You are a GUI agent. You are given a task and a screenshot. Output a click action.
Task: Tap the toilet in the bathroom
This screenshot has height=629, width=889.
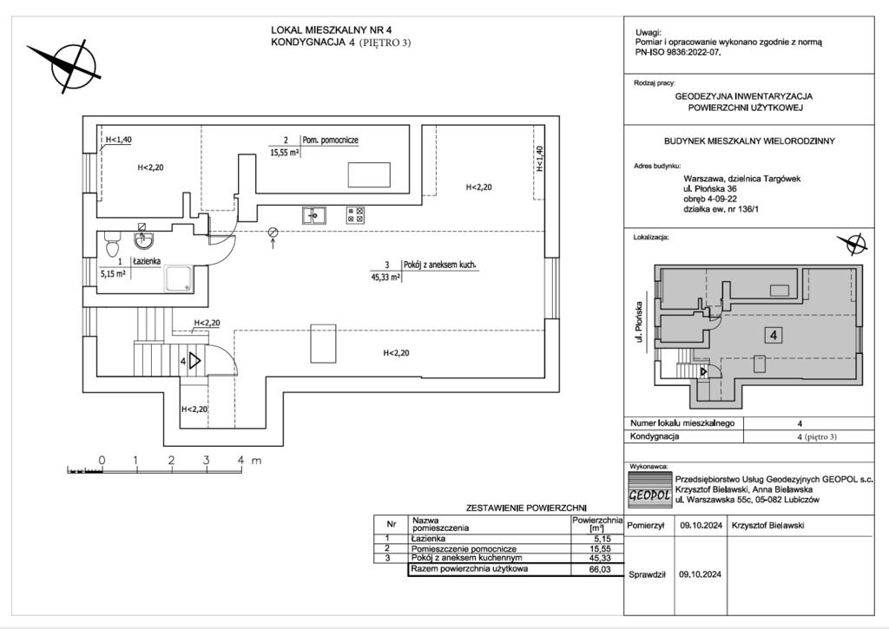click(x=110, y=236)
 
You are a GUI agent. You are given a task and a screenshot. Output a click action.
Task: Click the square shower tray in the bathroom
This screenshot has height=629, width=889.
click(x=181, y=278)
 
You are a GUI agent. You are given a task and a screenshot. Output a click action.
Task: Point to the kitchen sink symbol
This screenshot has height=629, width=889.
click(x=313, y=214)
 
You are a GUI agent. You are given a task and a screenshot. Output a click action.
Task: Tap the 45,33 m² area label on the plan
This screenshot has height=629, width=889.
click(x=383, y=278)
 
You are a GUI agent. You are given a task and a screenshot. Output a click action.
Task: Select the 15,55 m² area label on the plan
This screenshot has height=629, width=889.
click(x=285, y=152)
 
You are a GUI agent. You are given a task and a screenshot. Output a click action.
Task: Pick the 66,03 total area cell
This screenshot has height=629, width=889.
click(x=601, y=570)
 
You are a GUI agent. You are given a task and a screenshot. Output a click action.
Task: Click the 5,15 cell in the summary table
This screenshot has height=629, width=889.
click(x=601, y=540)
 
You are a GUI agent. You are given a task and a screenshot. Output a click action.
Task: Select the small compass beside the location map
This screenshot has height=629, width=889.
click(x=852, y=244)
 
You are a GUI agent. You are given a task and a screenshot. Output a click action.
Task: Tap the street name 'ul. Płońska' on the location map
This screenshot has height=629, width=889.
click(x=639, y=320)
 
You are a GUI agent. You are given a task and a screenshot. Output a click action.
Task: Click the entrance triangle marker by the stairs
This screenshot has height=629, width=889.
click(x=194, y=360)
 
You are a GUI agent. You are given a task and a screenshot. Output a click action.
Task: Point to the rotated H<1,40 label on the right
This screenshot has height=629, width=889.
click(x=539, y=161)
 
